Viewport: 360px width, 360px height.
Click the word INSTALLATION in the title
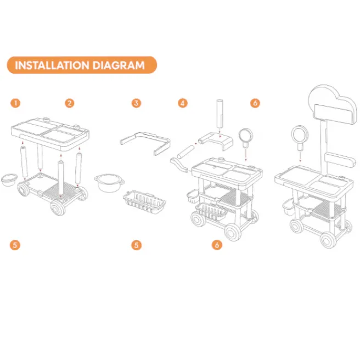coord(52,65)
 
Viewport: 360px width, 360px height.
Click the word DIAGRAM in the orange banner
coord(119,65)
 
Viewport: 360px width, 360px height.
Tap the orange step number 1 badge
coord(15,103)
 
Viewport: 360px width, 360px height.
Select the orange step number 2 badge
coord(70,103)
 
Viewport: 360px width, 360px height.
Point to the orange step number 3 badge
coord(136,103)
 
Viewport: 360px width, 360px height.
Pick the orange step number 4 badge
coord(183,103)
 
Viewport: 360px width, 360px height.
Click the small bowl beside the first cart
coord(9,180)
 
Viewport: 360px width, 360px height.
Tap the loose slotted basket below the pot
coord(144,202)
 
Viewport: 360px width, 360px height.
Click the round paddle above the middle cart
coord(245,136)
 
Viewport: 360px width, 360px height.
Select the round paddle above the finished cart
coord(300,136)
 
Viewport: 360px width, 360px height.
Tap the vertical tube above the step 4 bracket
coord(220,114)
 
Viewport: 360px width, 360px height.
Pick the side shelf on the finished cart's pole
coord(340,160)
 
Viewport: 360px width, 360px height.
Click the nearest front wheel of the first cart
coord(58,208)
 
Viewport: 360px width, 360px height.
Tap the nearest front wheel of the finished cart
coord(328,240)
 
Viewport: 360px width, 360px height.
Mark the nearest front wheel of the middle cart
coord(232,232)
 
